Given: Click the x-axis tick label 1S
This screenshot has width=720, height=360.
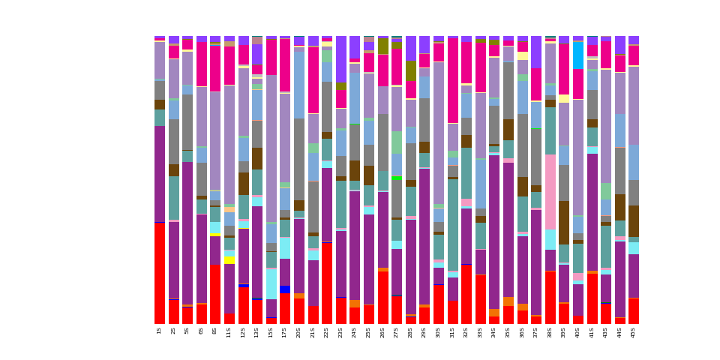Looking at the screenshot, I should pos(160,330).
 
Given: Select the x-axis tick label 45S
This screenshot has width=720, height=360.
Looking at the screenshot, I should pos(634,331).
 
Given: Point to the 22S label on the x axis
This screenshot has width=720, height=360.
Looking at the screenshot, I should pos(327,331).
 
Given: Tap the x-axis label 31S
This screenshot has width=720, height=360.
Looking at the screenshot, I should pos(452,331).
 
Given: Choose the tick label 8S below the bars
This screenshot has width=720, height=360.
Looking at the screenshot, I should pos(215,330).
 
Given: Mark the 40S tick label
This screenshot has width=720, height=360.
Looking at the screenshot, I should pos(578,331).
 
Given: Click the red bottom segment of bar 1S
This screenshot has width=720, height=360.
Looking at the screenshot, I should pos(160,273).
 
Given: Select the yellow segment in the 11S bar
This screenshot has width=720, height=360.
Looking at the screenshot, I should pos(229,259).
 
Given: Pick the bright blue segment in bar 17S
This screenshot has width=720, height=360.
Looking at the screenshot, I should pos(285,289).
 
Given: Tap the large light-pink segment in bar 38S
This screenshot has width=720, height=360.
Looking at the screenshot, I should pos(550,191).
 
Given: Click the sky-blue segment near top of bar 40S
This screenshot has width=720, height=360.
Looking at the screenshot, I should pos(578,55).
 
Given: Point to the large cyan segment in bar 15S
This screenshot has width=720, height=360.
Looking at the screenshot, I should pos(271,284).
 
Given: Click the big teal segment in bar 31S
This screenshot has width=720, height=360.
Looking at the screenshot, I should pos(452,225).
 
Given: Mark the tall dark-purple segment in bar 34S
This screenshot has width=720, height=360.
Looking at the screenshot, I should pos(494,232).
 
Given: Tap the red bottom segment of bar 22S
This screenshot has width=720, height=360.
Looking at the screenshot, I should pos(327,283).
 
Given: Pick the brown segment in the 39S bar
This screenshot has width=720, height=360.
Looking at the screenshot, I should pos(564,222).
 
